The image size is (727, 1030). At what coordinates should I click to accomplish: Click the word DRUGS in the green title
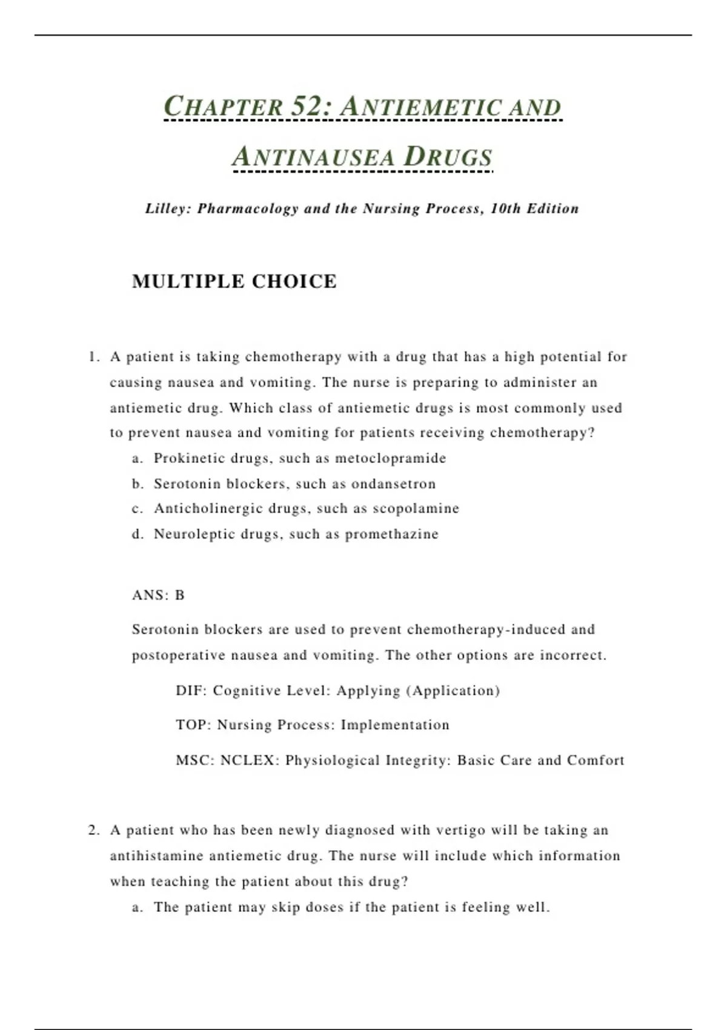448,156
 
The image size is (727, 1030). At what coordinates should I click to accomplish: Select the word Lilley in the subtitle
168,209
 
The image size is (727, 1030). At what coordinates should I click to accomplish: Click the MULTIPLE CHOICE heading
234,282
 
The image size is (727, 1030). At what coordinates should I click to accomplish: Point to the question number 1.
93,357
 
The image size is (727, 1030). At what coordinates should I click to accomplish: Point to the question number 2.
93,830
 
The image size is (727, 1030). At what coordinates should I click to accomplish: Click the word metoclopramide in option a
390,458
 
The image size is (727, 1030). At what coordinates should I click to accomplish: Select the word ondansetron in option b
393,484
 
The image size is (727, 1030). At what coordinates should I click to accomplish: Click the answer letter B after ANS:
180,595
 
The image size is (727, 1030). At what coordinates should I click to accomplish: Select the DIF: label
191,691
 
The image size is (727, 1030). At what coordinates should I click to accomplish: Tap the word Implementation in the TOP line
395,725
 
